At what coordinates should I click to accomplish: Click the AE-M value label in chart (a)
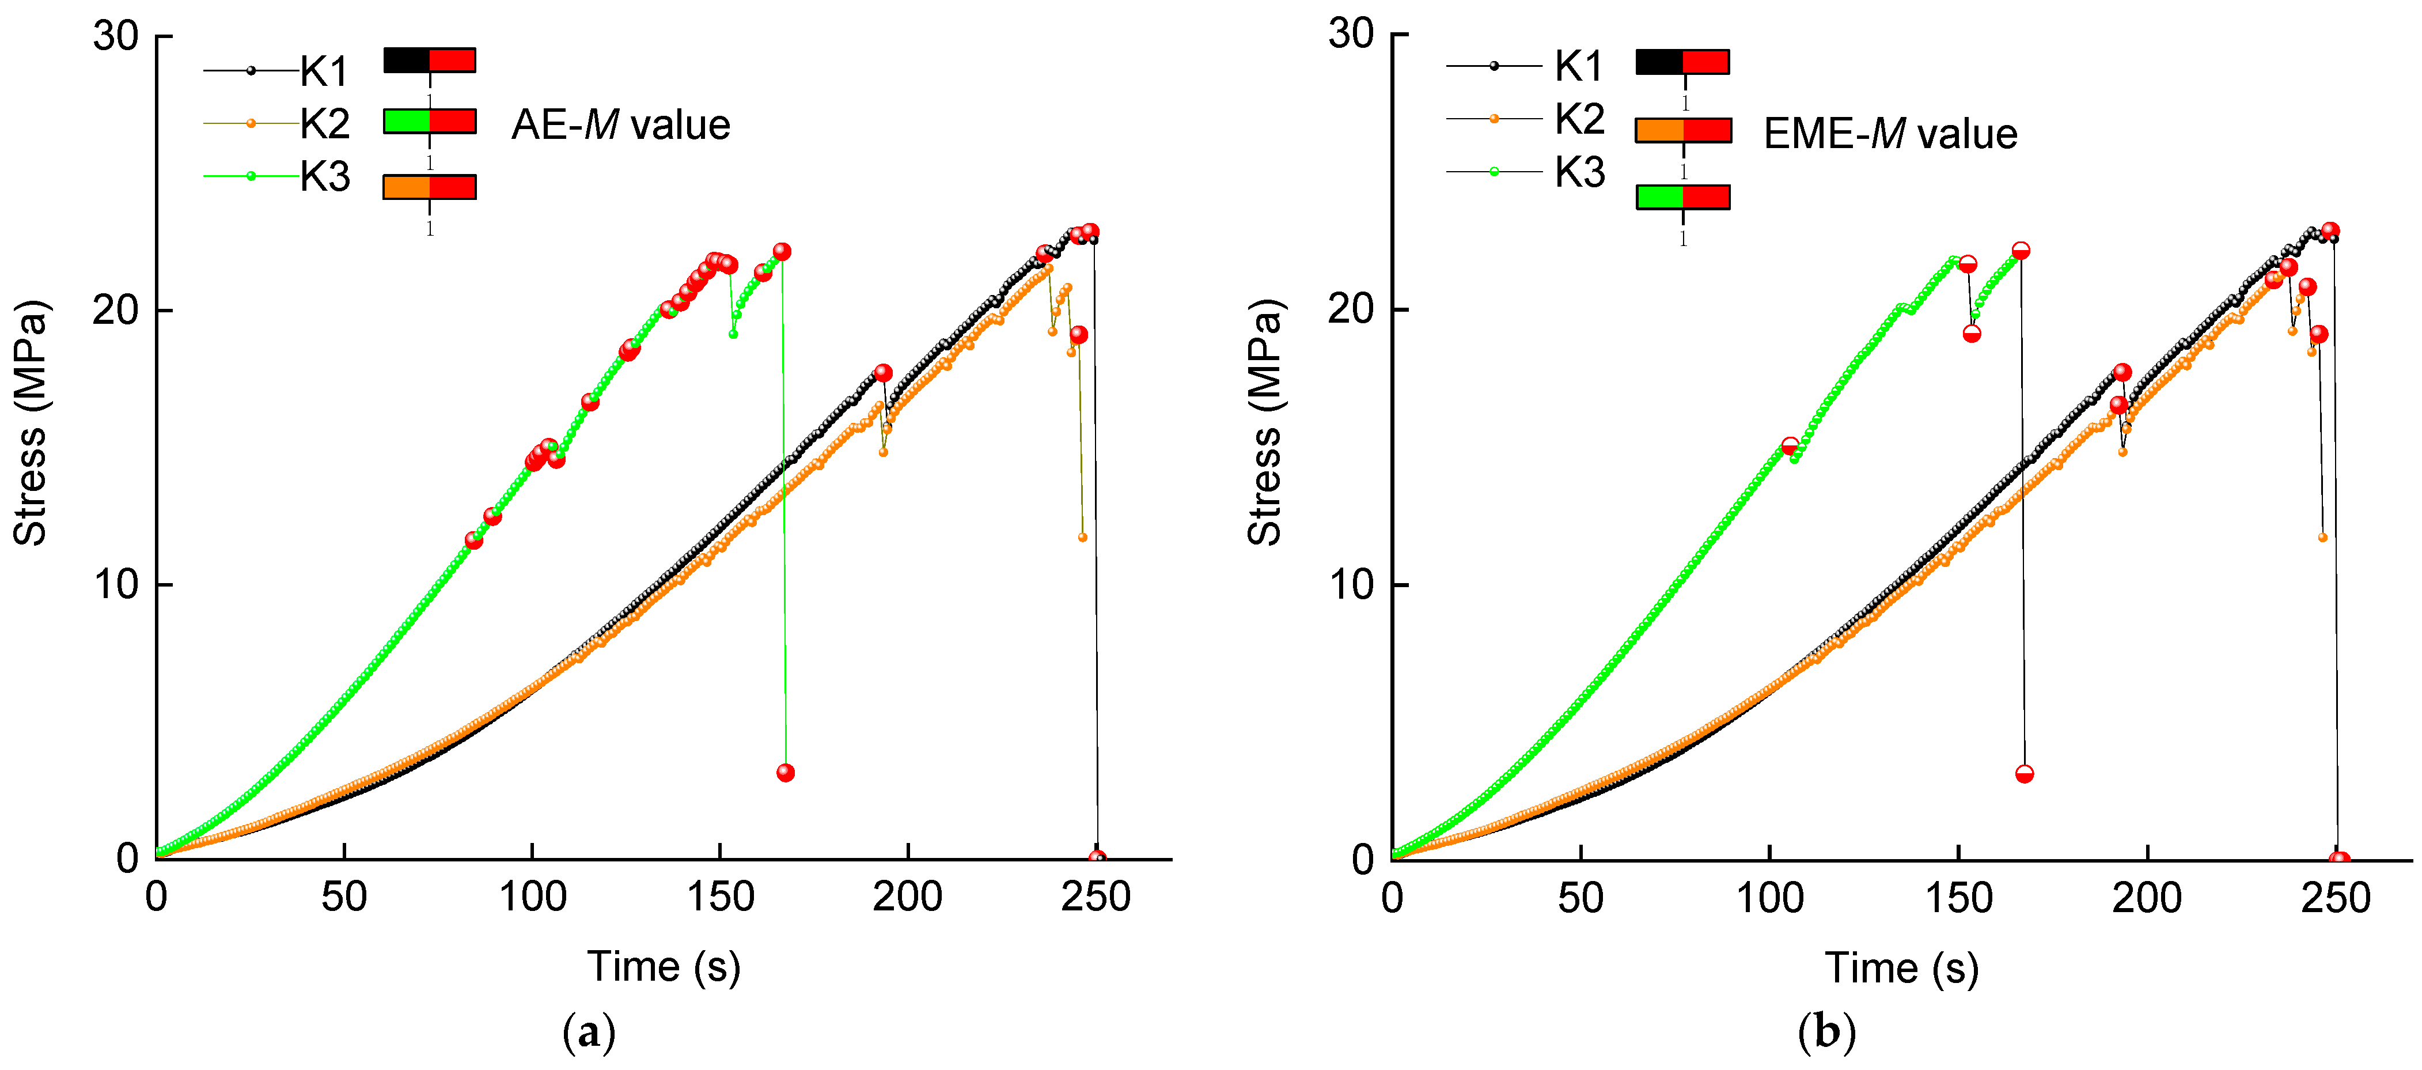pyautogui.click(x=620, y=125)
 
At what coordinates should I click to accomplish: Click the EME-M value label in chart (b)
pyautogui.click(x=1890, y=134)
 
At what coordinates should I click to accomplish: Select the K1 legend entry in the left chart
pyautogui.click(x=324, y=71)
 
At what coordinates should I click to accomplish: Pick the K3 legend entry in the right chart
pyautogui.click(x=1579, y=173)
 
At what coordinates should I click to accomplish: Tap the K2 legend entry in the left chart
pyautogui.click(x=324, y=123)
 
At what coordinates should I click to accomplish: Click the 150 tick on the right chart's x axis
pyautogui.click(x=1958, y=898)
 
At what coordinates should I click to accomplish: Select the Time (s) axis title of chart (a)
pyautogui.click(x=664, y=967)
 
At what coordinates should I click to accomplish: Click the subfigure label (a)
pyautogui.click(x=589, y=1033)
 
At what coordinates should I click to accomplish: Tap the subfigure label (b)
pyautogui.click(x=1826, y=1033)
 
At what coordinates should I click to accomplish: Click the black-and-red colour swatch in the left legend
pyautogui.click(x=430, y=60)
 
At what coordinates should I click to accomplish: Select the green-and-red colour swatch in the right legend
pyautogui.click(x=1683, y=196)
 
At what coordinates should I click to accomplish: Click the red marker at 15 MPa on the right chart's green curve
pyautogui.click(x=1790, y=445)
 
